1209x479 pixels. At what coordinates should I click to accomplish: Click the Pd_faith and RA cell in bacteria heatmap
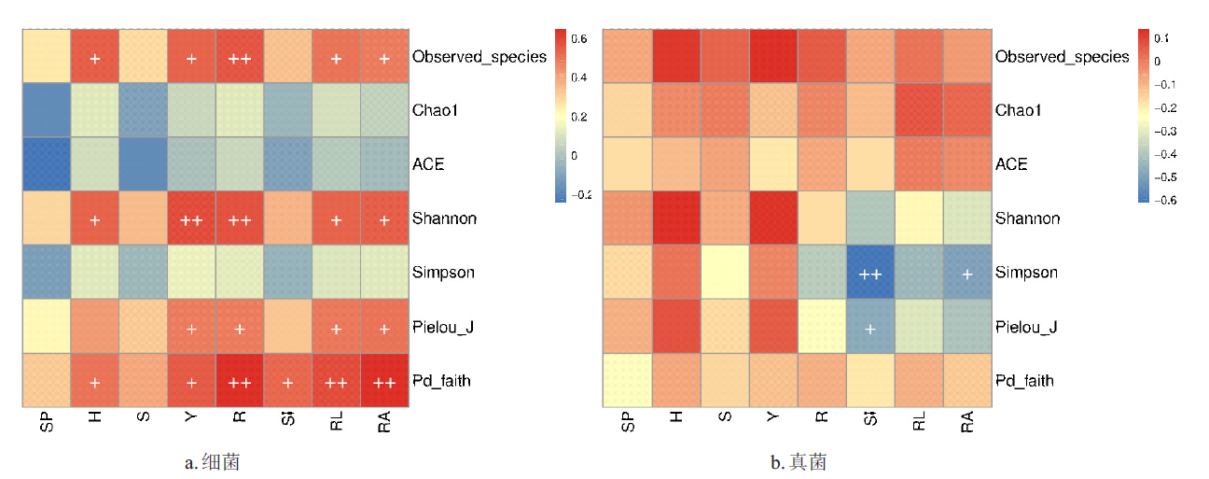point(383,380)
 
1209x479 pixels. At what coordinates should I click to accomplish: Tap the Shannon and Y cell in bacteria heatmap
point(191,218)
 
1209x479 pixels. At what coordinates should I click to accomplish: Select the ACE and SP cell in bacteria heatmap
point(47,164)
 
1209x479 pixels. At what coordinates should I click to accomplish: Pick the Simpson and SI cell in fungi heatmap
point(870,273)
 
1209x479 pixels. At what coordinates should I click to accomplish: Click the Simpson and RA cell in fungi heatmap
point(967,273)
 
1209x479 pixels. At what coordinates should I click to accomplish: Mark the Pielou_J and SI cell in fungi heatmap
point(870,327)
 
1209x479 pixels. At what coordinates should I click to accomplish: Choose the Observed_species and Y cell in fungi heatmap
point(773,56)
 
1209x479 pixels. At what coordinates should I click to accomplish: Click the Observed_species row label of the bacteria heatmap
point(479,57)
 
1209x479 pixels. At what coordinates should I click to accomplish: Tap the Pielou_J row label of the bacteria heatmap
point(442,327)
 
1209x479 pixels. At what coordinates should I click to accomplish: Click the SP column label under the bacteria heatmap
point(48,423)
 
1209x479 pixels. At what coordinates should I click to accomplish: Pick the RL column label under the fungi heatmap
point(919,423)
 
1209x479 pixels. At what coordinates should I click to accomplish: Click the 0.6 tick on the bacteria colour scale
point(580,38)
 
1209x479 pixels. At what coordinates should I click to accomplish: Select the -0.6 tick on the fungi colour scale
point(1167,199)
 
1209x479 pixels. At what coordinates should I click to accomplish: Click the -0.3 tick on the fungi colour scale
point(1167,131)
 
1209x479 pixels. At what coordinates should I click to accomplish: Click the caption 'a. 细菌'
point(214,461)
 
